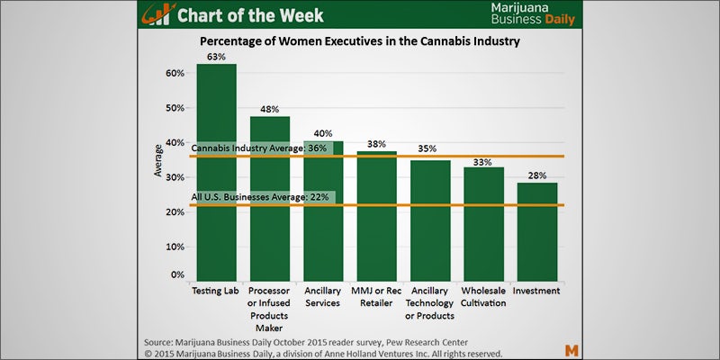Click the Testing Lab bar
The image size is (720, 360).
tap(217, 171)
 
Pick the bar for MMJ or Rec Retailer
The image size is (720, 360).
tap(377, 216)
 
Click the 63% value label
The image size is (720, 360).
tap(217, 56)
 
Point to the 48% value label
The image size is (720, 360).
tap(270, 108)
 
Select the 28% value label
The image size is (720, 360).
tap(537, 175)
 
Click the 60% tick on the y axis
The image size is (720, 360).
tap(176, 73)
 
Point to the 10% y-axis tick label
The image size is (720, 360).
tap(176, 246)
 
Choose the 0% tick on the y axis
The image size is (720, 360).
tap(179, 274)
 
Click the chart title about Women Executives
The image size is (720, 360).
tap(360, 42)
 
